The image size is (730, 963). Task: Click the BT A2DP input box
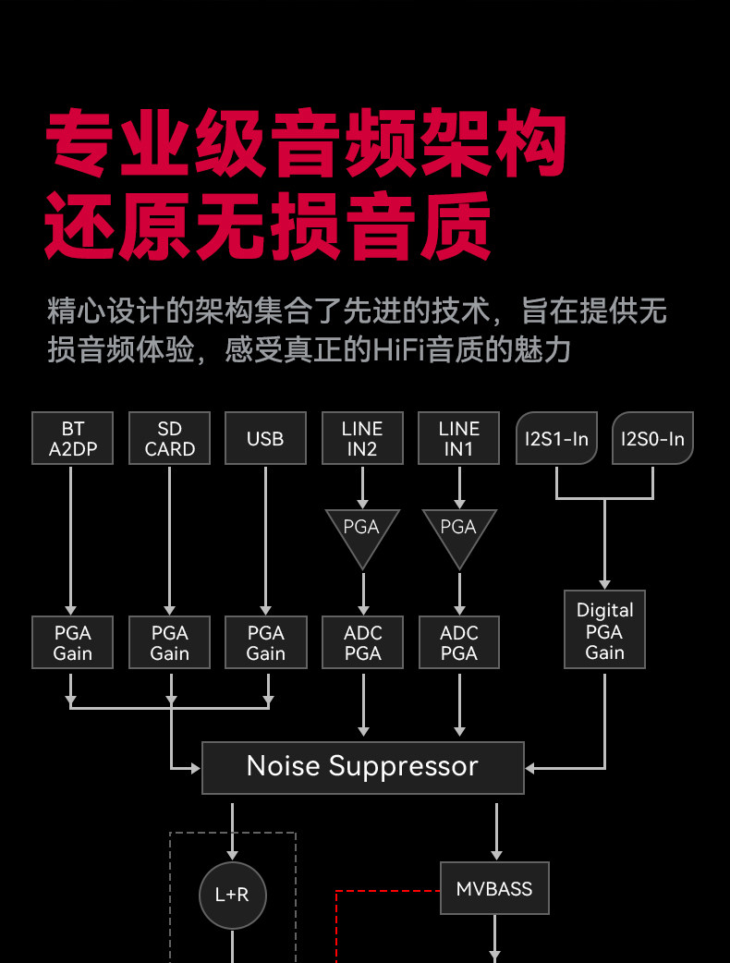pyautogui.click(x=72, y=438)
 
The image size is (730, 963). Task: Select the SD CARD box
pyautogui.click(x=169, y=438)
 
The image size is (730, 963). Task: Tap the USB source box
pyautogui.click(x=266, y=438)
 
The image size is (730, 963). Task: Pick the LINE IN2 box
pyautogui.click(x=362, y=438)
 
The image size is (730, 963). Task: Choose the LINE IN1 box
pyautogui.click(x=458, y=438)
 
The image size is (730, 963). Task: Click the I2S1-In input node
pyautogui.click(x=556, y=438)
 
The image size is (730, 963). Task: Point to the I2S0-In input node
pyautogui.click(x=652, y=438)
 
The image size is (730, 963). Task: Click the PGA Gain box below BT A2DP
pyautogui.click(x=72, y=642)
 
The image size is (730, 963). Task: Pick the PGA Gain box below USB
pyautogui.click(x=266, y=642)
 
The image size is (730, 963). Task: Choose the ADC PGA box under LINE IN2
pyautogui.click(x=362, y=642)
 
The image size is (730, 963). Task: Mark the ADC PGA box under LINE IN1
pyautogui.click(x=459, y=642)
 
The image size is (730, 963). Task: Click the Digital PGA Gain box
pyautogui.click(x=604, y=629)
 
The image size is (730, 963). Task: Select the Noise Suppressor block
pyautogui.click(x=363, y=768)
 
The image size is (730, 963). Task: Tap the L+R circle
pyautogui.click(x=233, y=895)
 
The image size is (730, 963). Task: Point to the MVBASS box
pyautogui.click(x=495, y=888)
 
